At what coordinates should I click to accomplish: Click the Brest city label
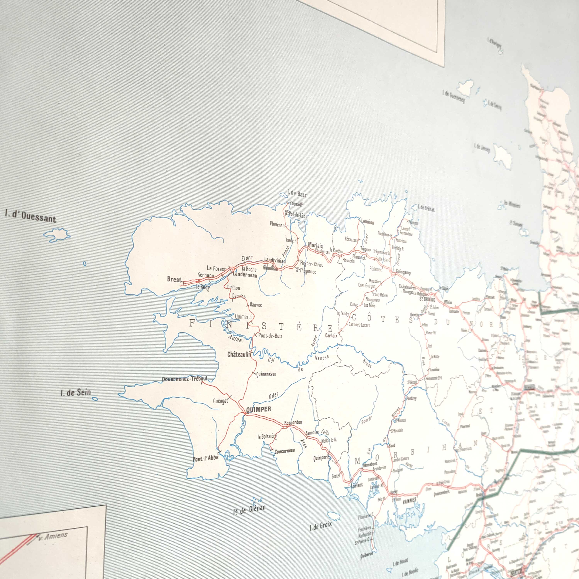pos(174,279)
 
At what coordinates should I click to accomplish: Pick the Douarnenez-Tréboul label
pos(184,379)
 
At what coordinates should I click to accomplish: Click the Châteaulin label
pos(239,355)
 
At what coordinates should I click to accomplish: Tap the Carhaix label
pos(331,335)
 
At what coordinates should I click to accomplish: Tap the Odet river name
pos(273,396)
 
